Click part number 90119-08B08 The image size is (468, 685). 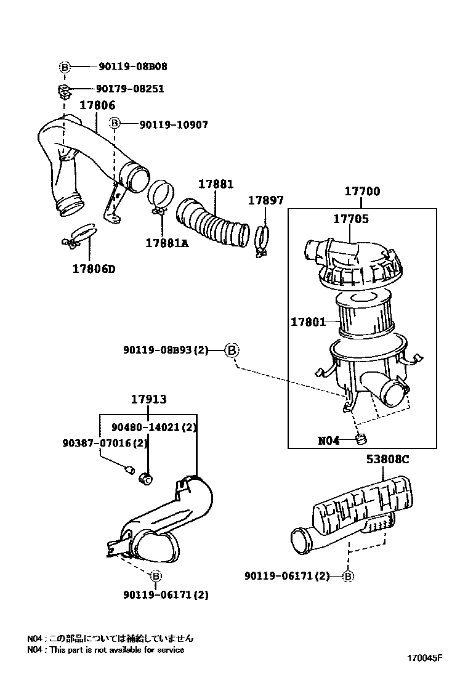point(133,67)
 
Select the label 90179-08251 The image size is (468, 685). point(130,89)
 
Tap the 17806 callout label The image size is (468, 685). point(97,105)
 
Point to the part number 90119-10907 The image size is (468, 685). point(174,124)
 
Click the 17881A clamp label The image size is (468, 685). point(167,243)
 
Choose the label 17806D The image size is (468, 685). point(94,269)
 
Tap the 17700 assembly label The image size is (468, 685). point(362,191)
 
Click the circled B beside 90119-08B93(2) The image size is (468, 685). point(232,350)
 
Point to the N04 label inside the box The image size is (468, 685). point(329,440)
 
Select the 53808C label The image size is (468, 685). point(388,459)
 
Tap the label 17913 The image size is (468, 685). point(149,399)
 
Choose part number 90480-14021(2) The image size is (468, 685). point(154,427)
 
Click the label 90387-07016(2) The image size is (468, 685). point(105,443)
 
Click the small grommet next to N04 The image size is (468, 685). point(361,439)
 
